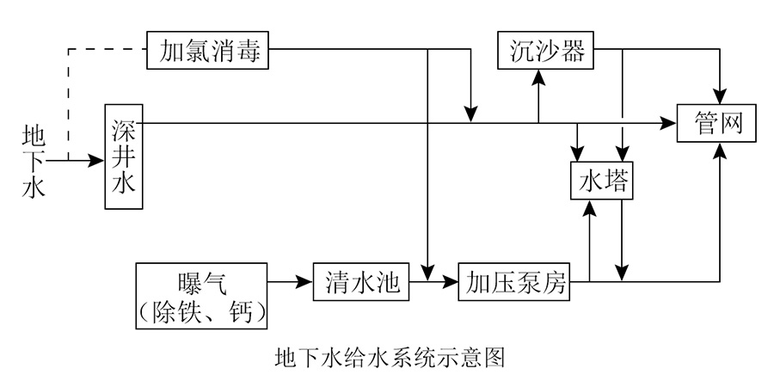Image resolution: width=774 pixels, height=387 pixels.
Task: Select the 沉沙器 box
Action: coord(546,51)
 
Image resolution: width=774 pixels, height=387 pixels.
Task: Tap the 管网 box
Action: coord(717,124)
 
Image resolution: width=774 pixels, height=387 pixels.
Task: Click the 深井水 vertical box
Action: coord(123,157)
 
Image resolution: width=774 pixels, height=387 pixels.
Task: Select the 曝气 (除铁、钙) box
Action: coord(202,296)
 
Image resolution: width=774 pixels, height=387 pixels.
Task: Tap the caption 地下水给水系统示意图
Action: coord(386,356)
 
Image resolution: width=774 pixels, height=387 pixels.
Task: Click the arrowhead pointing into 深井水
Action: coord(97,160)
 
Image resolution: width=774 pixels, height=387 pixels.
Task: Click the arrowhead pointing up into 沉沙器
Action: coord(539,77)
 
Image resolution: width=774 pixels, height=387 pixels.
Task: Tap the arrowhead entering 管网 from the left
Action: coord(670,123)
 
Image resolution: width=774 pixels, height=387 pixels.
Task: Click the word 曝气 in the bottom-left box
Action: coord(202,282)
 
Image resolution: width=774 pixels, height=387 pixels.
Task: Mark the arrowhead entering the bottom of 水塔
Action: coord(590,207)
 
